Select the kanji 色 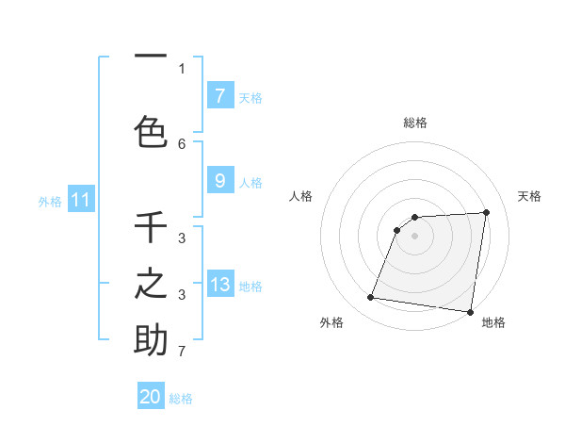pos(151,130)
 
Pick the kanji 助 pos(151,339)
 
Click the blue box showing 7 pos(219,95)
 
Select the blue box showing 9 pos(219,181)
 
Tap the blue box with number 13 pos(219,285)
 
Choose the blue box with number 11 pos(81,200)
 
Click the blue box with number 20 pos(151,397)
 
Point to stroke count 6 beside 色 pos(182,143)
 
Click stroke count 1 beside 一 pos(182,68)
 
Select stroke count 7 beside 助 pos(182,352)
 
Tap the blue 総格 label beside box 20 pos(181,399)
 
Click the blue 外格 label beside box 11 pos(50,201)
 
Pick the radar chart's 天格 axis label pos(529,196)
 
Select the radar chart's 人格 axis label pos(300,196)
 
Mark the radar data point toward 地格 pos(470,312)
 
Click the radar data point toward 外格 pos(371,298)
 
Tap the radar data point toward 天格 pos(486,212)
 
